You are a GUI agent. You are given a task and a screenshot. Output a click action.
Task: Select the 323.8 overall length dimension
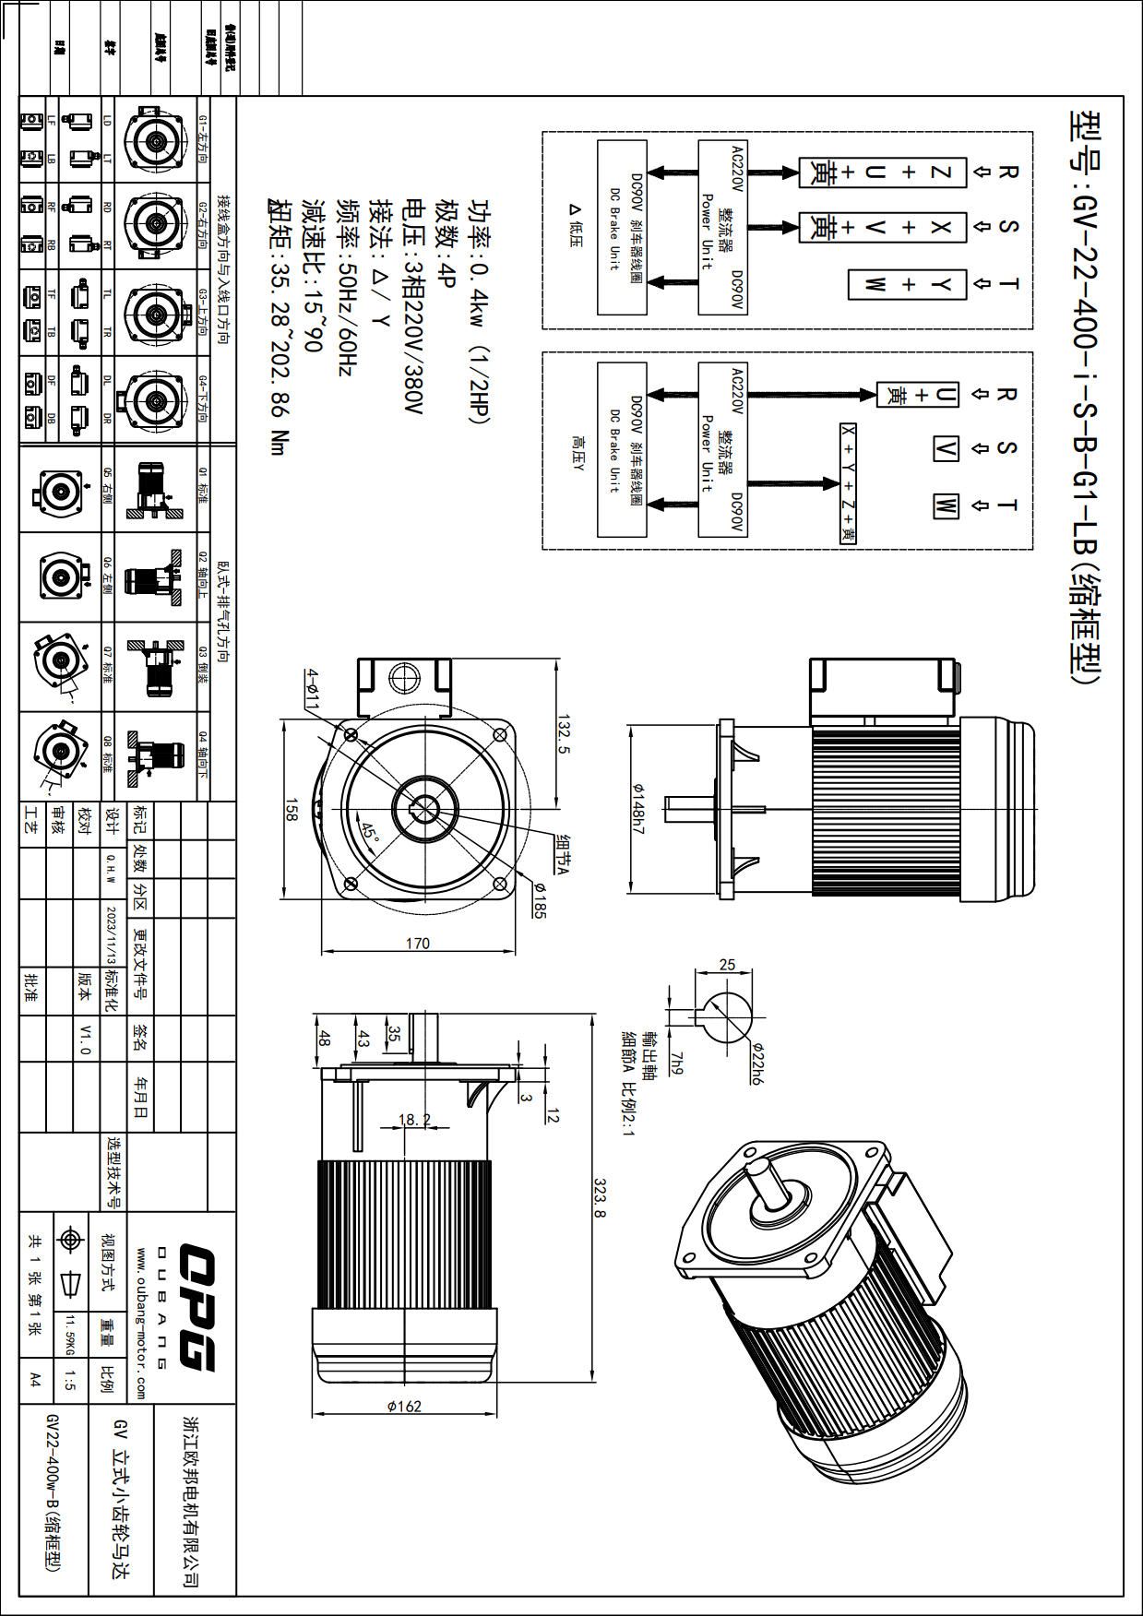tap(600, 1197)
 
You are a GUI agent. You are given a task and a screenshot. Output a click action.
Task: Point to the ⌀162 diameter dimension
tap(404, 1407)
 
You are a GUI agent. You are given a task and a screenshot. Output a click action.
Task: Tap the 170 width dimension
tap(418, 943)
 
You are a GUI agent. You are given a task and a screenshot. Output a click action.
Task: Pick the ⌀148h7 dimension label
tap(637, 808)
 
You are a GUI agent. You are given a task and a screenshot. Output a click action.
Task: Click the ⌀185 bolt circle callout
tap(540, 899)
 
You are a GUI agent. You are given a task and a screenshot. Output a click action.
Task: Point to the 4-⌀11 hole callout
tap(313, 688)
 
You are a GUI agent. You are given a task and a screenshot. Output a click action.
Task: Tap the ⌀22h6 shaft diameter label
tap(756, 1063)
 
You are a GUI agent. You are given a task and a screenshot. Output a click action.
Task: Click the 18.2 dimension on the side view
tap(414, 1119)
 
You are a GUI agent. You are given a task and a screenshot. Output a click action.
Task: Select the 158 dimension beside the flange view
tap(292, 810)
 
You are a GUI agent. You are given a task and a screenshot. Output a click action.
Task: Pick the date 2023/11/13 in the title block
tap(111, 933)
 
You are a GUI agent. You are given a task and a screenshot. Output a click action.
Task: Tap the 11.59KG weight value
tap(69, 1335)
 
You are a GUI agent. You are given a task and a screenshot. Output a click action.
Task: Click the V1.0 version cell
tap(85, 1039)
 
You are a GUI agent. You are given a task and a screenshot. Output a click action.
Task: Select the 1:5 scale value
tap(70, 1380)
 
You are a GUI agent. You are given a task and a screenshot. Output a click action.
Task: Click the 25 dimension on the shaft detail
tap(727, 965)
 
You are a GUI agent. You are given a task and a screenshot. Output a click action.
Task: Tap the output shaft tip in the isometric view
tap(760, 1170)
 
